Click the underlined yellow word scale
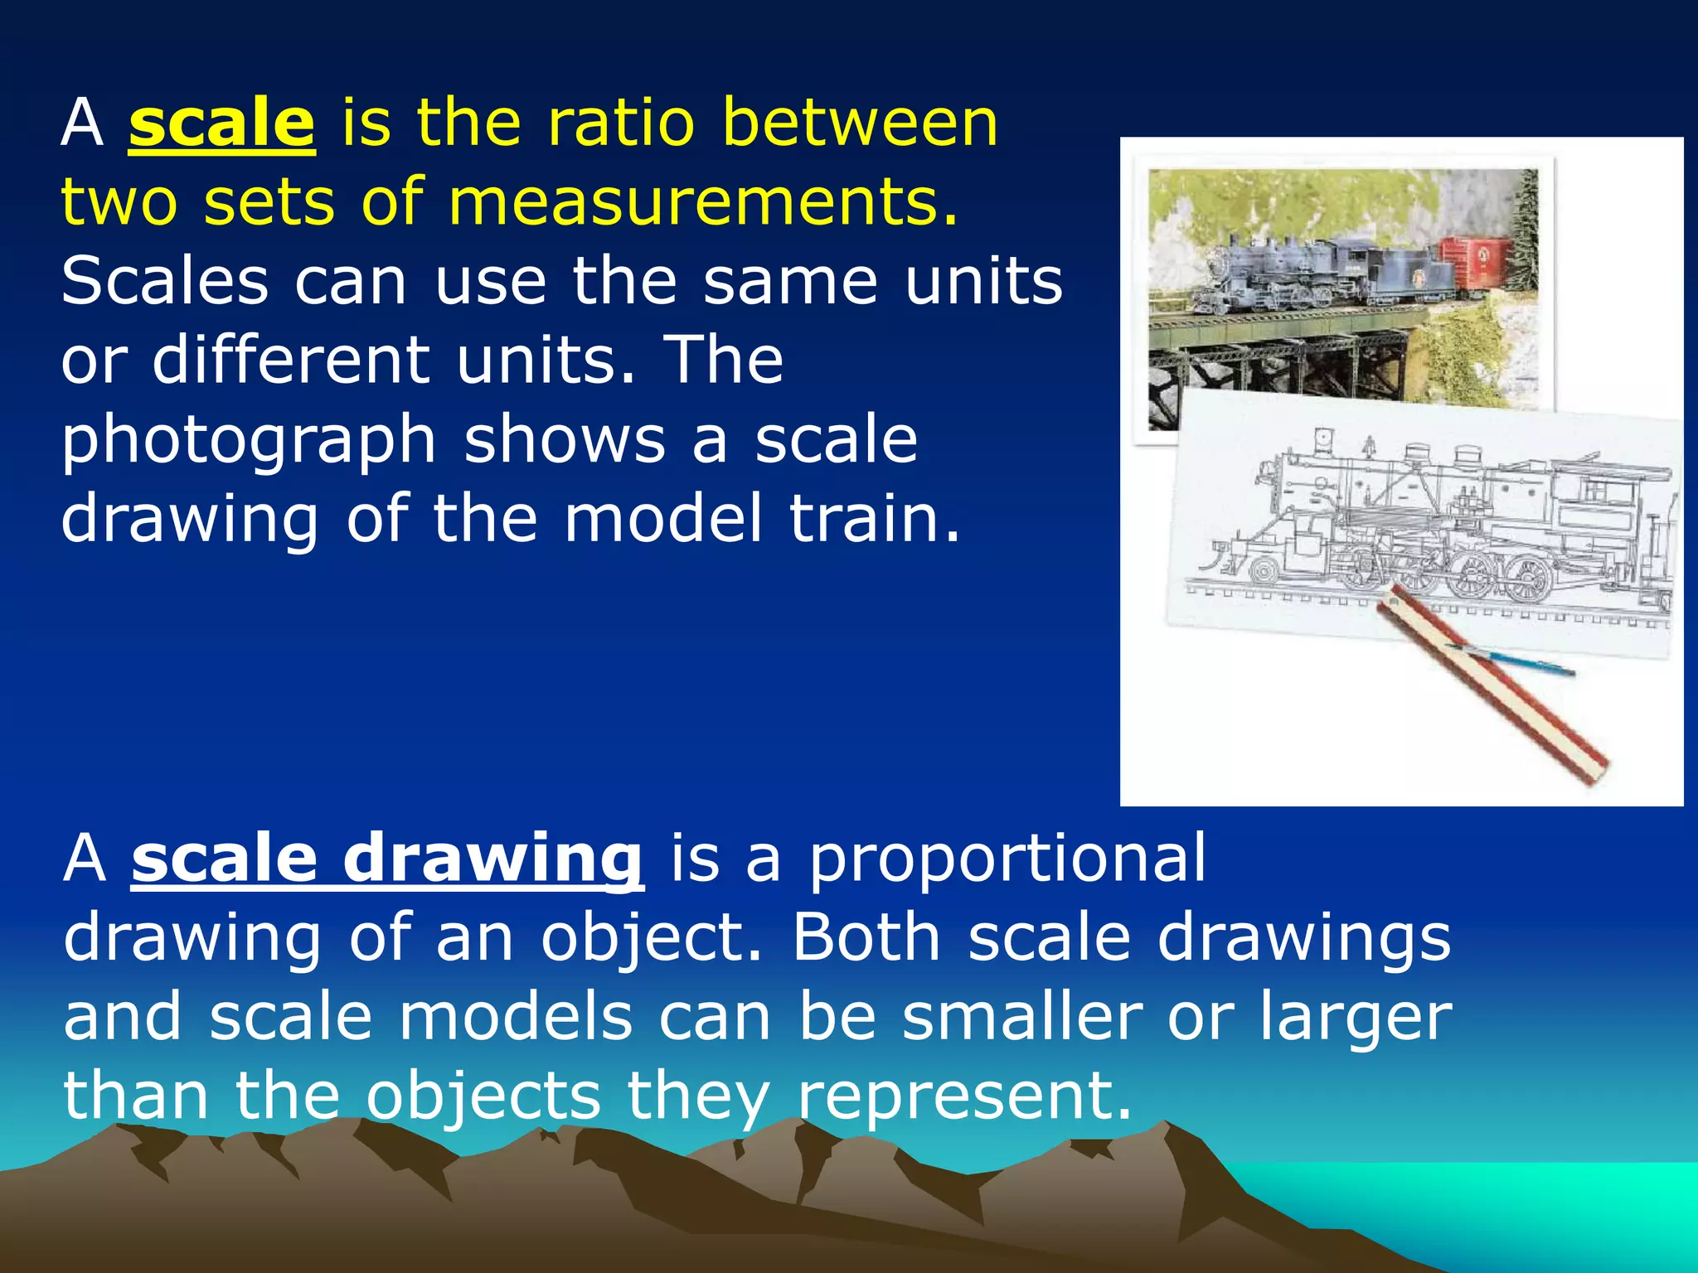(221, 124)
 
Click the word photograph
(248, 442)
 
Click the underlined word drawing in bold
(492, 859)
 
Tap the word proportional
(1007, 859)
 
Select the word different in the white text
(290, 362)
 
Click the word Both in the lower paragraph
(866, 938)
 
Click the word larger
(1356, 1019)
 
